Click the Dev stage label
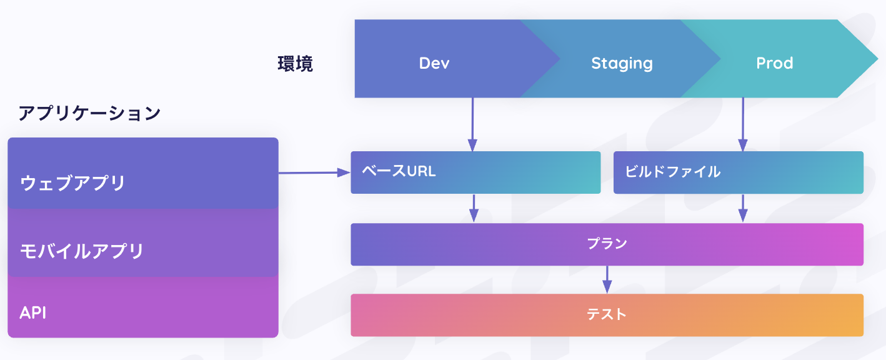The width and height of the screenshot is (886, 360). pos(434,63)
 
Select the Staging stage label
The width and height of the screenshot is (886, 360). pos(622,63)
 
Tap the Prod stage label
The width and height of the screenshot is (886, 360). pos(774,63)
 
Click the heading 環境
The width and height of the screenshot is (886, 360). pos(295,64)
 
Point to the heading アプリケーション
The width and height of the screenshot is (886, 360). pos(89,113)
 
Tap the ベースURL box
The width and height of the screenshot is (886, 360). pos(475,172)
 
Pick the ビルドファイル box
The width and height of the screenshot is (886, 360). pos(738,172)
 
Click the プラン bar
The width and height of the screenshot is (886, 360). pos(607,244)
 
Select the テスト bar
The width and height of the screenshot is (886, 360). pos(607,315)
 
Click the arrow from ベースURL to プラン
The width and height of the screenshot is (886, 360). pos(474,208)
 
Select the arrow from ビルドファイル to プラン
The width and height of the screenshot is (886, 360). pos(743,208)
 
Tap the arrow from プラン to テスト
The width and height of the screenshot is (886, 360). pos(607,279)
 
